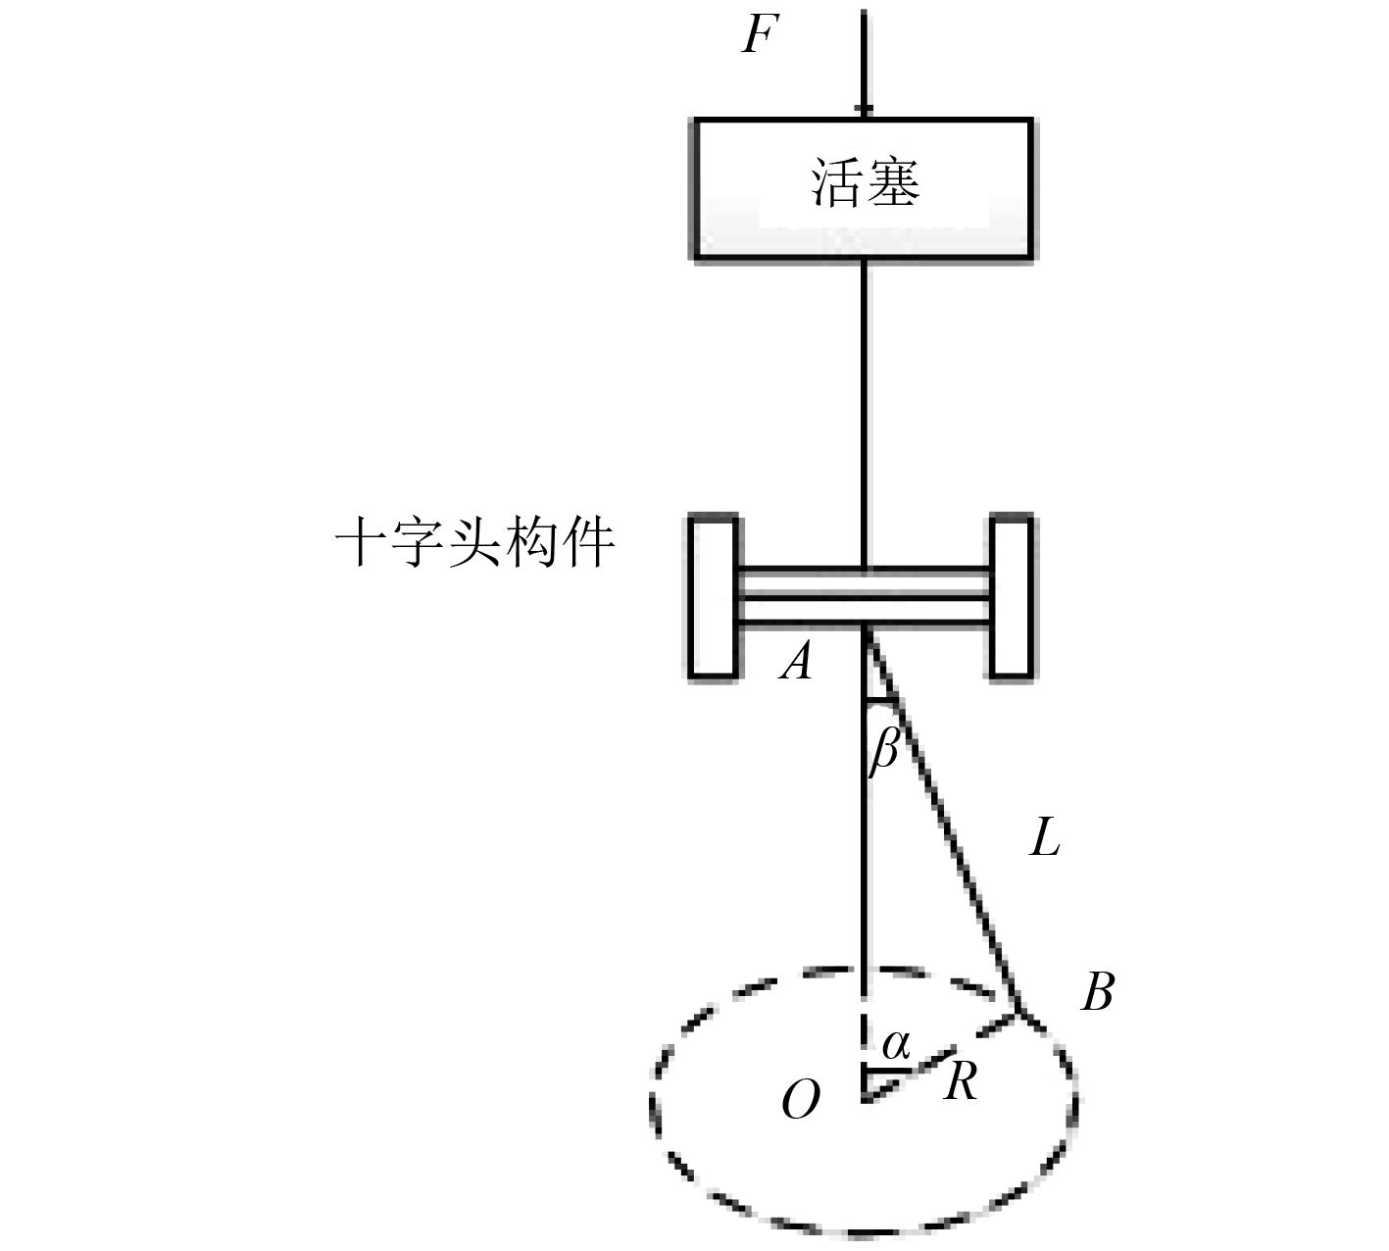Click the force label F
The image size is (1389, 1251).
(758, 34)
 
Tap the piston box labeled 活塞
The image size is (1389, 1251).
(864, 189)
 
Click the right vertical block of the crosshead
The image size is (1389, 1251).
(1011, 596)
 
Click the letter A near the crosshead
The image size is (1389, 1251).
(796, 664)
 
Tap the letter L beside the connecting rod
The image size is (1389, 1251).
(1045, 839)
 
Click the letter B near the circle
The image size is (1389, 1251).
(1097, 993)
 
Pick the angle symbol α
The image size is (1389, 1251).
(895, 1045)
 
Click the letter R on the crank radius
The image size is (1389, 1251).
(960, 1083)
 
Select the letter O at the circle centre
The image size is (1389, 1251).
(800, 1103)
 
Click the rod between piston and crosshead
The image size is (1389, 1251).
(864, 412)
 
